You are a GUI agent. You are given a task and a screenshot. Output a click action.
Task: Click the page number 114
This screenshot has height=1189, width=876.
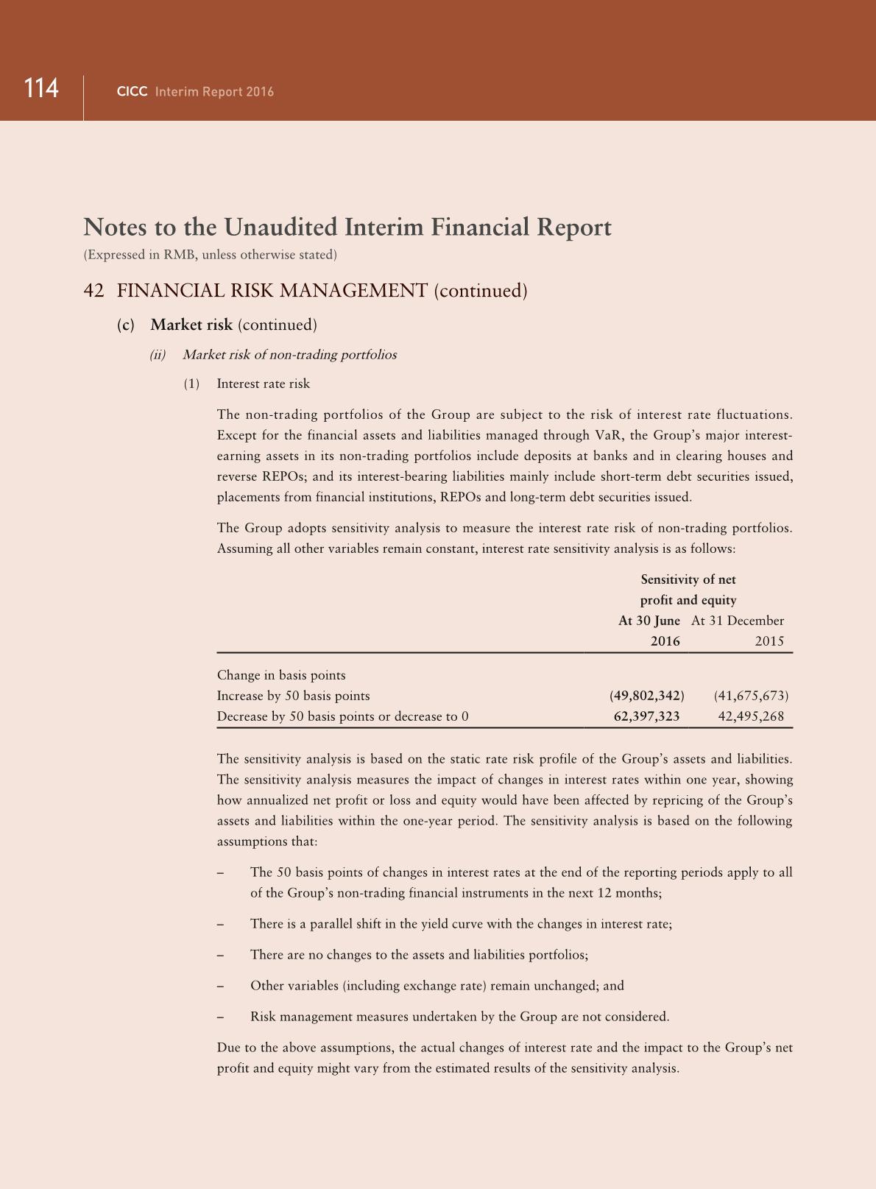pyautogui.click(x=41, y=88)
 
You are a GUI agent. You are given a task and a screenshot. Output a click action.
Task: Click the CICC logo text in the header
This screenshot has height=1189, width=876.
pyautogui.click(x=133, y=92)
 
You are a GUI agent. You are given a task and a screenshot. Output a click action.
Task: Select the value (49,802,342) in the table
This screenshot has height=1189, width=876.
pyautogui.click(x=646, y=696)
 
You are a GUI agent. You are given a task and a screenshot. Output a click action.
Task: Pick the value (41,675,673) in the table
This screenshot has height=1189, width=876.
pyautogui.click(x=751, y=696)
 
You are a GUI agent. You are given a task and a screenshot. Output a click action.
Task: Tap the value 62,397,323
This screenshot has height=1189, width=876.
pyautogui.click(x=646, y=716)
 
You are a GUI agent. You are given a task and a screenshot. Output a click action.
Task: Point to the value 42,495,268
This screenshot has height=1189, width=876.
pyautogui.click(x=751, y=716)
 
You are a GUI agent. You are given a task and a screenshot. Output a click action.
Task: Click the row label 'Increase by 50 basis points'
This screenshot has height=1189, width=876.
pyautogui.click(x=293, y=696)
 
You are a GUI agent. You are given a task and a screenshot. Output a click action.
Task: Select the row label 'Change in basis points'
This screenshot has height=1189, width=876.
pyautogui.click(x=281, y=675)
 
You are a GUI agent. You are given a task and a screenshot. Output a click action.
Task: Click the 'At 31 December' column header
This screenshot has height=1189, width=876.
pyautogui.click(x=738, y=621)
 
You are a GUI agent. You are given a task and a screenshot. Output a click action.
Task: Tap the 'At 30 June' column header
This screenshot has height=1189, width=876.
pyautogui.click(x=649, y=621)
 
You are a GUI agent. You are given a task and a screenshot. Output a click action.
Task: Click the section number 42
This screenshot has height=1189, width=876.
pyautogui.click(x=93, y=291)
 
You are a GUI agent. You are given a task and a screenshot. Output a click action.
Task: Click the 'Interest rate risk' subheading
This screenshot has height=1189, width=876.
pyautogui.click(x=264, y=384)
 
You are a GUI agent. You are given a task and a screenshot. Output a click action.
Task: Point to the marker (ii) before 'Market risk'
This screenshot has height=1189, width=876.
pyautogui.click(x=158, y=355)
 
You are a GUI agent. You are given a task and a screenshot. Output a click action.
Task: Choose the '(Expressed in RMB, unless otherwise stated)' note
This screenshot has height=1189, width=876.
pyautogui.click(x=210, y=255)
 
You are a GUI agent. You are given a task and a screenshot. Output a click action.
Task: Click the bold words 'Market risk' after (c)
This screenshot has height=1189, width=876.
pyautogui.click(x=191, y=325)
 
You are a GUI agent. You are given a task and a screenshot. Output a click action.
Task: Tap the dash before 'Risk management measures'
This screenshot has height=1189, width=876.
pyautogui.click(x=220, y=1017)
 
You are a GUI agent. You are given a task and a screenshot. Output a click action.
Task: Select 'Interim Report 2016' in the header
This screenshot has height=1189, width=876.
pyautogui.click(x=214, y=92)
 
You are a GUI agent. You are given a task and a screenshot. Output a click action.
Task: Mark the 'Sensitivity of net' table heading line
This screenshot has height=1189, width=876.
pyautogui.click(x=688, y=579)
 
